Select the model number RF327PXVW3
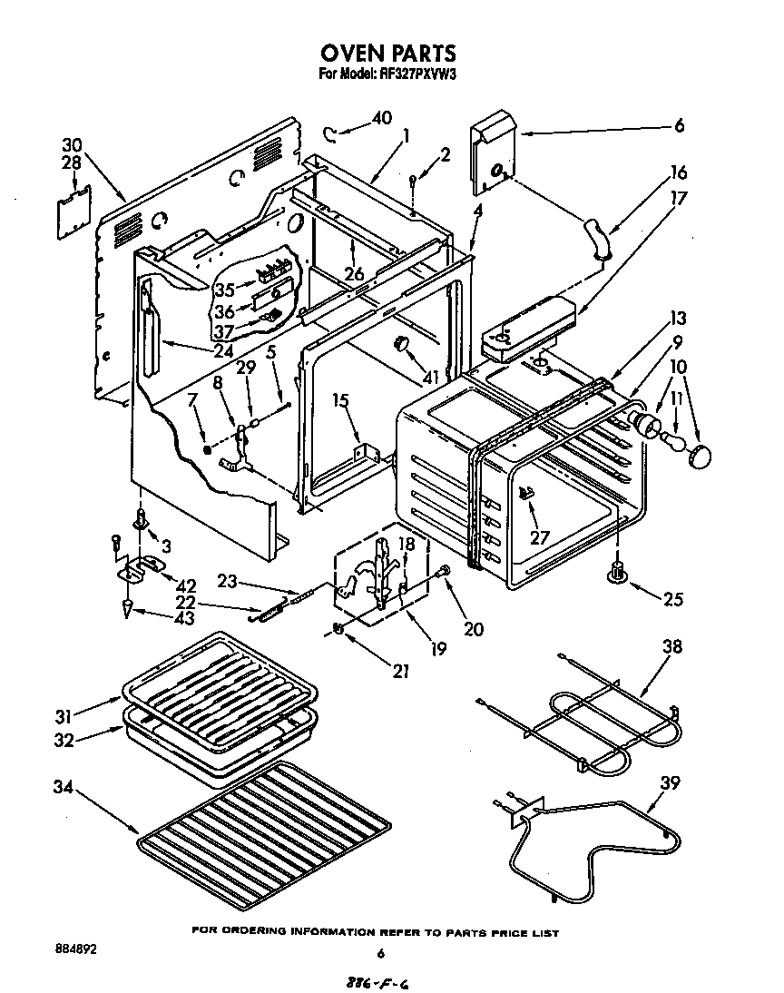pyautogui.click(x=412, y=75)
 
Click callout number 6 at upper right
pyautogui.click(x=678, y=126)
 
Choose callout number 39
pyautogui.click(x=670, y=783)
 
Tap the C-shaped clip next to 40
pyautogui.click(x=333, y=135)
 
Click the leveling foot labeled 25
pyautogui.click(x=619, y=572)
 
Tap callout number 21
pyautogui.click(x=399, y=672)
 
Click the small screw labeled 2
pyautogui.click(x=412, y=182)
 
